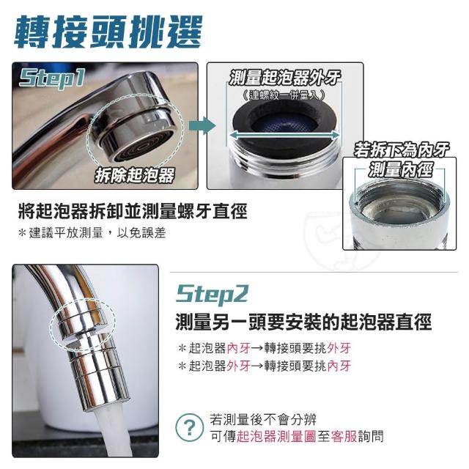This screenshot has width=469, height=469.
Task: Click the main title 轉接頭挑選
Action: click(x=108, y=32)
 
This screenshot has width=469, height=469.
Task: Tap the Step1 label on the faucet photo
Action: click(x=52, y=78)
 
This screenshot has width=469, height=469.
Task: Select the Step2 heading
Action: click(x=212, y=295)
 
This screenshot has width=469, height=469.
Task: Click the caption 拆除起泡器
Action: click(x=134, y=175)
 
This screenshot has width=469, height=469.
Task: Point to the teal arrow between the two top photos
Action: click(x=202, y=125)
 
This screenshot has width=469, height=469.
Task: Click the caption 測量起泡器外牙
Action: click(x=284, y=78)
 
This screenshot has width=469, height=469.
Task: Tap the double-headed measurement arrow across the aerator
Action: click(x=284, y=135)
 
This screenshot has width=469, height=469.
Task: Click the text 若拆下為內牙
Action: click(x=402, y=149)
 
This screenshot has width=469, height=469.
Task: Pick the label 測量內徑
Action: click(x=400, y=169)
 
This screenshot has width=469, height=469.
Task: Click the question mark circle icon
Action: click(x=189, y=428)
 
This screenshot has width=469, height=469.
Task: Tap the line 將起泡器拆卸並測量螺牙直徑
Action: click(x=133, y=211)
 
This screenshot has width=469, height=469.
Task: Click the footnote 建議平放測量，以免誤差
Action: click(x=92, y=233)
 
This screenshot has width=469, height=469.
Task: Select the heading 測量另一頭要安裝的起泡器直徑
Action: click(x=303, y=322)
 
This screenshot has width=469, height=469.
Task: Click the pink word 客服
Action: click(x=344, y=437)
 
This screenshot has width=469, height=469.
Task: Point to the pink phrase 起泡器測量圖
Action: click(x=276, y=437)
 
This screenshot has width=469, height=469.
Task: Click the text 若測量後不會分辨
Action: click(x=263, y=419)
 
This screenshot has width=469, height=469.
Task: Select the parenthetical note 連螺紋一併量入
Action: click(x=284, y=95)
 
